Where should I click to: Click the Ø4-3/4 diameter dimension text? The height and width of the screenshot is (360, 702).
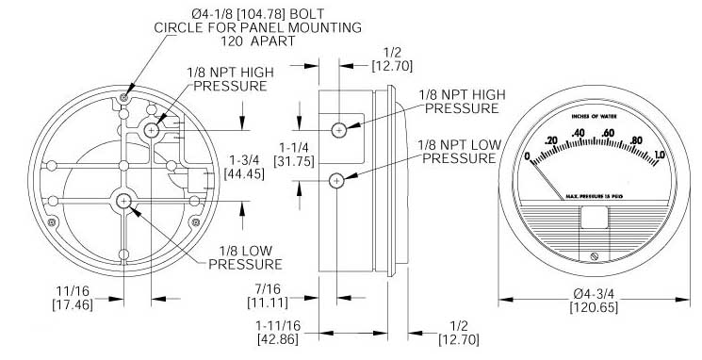[594, 295]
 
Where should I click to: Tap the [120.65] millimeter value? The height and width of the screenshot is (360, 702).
[594, 307]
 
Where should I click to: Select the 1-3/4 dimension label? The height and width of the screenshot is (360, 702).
[244, 161]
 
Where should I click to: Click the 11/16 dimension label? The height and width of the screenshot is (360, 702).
[73, 292]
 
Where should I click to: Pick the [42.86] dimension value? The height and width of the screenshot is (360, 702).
[278, 339]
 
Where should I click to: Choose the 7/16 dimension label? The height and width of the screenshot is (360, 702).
[268, 289]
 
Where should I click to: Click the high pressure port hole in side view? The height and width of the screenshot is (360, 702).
[339, 130]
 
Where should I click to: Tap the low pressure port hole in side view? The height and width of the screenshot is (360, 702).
[336, 181]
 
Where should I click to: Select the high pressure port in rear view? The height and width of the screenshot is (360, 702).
[153, 130]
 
